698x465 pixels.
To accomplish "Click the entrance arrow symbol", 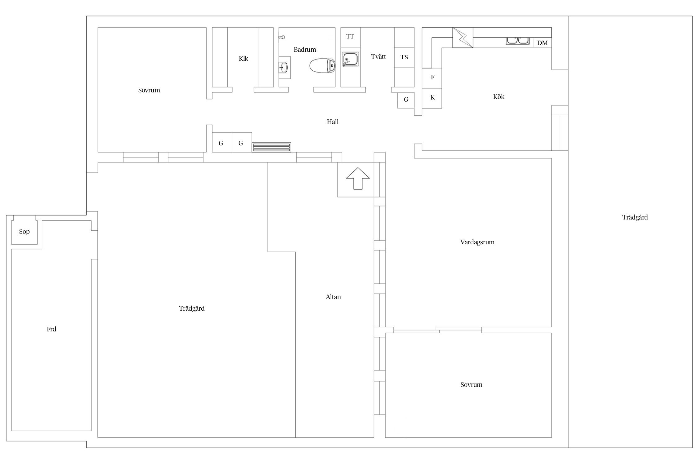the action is pos(358,179).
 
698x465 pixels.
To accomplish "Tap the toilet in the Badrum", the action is pos(323,66).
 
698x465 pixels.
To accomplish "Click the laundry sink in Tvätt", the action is pos(351,59).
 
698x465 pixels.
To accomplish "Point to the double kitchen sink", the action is pos(518,41).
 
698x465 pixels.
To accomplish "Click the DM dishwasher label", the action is pos(542,43).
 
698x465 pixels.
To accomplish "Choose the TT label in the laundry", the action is pos(350,36).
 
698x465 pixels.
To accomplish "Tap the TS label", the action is pos(404,57).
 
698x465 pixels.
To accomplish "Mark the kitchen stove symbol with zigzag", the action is pos(463,38).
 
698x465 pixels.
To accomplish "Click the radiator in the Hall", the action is pos(271,147).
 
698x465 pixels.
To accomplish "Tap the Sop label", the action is pos(24,232).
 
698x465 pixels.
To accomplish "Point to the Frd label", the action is pos(51,329).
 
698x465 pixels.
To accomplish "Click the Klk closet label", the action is pos(244,59).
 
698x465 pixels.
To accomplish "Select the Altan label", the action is pos(333,297).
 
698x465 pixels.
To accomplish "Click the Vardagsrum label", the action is pos(477,242).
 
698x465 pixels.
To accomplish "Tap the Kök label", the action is pos(499,97).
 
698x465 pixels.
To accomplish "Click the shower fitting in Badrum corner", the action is pos(282,37).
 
